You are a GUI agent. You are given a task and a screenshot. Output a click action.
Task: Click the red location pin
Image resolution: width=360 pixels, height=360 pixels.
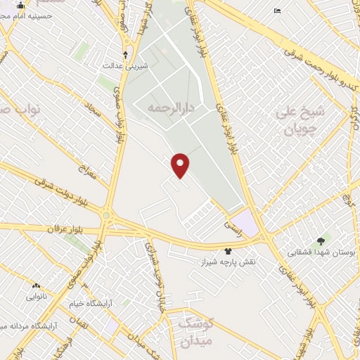[181, 165]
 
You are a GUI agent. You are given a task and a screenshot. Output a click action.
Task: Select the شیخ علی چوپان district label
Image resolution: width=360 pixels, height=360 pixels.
[300, 120]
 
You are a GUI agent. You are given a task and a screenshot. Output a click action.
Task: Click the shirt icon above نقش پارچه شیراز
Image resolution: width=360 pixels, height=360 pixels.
[228, 251]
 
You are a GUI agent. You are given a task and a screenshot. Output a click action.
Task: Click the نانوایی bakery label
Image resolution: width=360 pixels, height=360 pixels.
[37, 297]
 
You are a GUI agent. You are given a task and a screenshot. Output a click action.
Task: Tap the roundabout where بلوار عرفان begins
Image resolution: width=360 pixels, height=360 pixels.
[106, 215]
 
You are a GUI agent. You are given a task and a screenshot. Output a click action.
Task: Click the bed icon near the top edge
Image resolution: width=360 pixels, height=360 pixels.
[277, 11]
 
